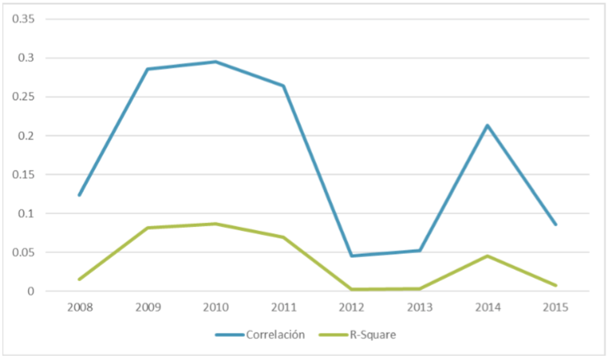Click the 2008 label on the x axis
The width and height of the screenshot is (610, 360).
pyautogui.click(x=79, y=308)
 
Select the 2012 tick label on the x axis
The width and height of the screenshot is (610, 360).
pyautogui.click(x=351, y=308)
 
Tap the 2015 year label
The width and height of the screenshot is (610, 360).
pyautogui.click(x=555, y=308)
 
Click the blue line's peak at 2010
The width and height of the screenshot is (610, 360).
pyautogui.click(x=215, y=62)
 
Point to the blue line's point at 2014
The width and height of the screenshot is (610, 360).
pyautogui.click(x=488, y=126)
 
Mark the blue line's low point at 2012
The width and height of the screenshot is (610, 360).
pyautogui.click(x=351, y=255)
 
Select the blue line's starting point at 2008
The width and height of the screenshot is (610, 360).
pyautogui.click(x=79, y=195)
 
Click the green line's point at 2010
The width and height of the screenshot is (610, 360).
pyautogui.click(x=215, y=224)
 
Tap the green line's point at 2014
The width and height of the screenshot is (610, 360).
pyautogui.click(x=488, y=256)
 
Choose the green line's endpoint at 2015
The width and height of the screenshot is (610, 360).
pyautogui.click(x=555, y=285)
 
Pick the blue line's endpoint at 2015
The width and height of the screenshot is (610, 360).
pyautogui.click(x=555, y=224)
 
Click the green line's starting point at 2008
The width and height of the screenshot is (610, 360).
pyautogui.click(x=79, y=279)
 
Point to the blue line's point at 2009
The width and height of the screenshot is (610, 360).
pyautogui.click(x=147, y=69)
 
